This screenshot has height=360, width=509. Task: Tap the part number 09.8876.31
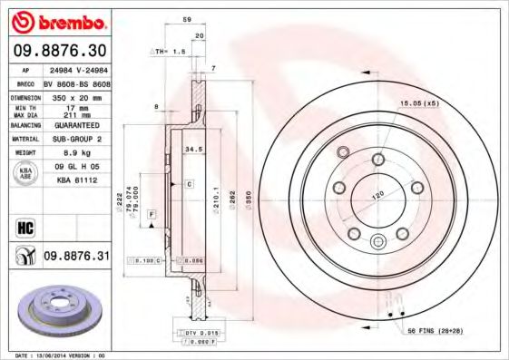(75, 257)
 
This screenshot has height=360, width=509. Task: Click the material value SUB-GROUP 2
(75, 141)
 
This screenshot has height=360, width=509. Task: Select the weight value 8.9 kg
(75, 153)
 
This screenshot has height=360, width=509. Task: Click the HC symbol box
(24, 226)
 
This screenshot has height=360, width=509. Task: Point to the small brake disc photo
(57, 310)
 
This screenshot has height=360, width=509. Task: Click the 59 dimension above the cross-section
(187, 18)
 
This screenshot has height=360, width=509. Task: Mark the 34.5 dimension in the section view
(192, 147)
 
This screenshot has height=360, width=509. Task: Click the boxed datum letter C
(189, 184)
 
